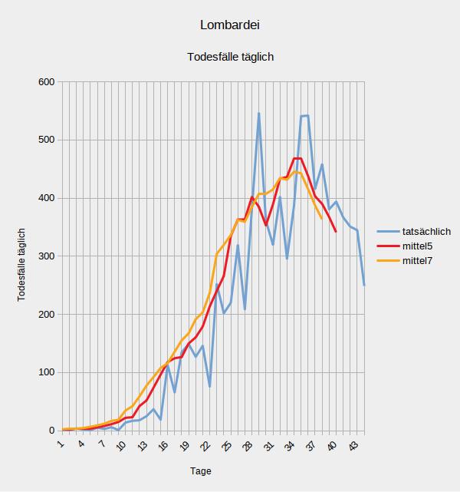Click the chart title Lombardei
(230, 25)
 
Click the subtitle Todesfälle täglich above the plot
(230, 57)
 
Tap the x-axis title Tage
(201, 471)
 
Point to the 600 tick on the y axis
(45, 82)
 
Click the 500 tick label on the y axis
(45, 140)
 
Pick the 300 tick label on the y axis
(45, 256)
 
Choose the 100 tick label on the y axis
(45, 373)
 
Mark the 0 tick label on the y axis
(51, 431)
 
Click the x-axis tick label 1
(61, 443)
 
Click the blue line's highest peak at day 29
(259, 114)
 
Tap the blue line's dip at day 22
(209, 386)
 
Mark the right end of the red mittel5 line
(336, 231)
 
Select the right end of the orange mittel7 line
(321, 219)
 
